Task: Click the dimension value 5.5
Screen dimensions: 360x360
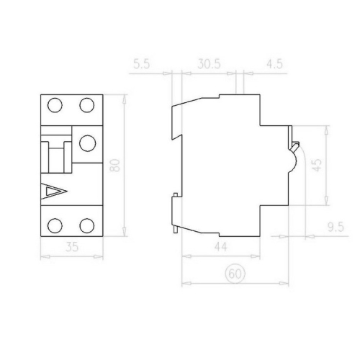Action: pos(141,63)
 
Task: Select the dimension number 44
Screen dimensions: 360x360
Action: pos(220,247)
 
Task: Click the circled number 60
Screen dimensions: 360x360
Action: pos(234,274)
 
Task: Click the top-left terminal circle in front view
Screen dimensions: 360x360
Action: pos(55,106)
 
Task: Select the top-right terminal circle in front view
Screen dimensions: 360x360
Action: pos(87,106)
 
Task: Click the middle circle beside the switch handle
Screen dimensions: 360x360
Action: pos(87,143)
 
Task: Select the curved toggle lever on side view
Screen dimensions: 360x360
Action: pos(295,148)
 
